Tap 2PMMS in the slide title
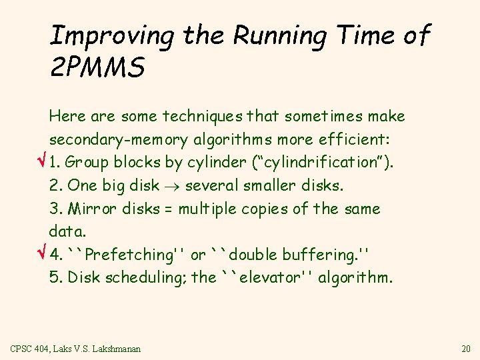coord(97,68)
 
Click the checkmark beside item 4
coord(41,254)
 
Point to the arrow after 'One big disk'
coord(171,186)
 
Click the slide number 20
coord(466,349)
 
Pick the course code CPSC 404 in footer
coord(29,349)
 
